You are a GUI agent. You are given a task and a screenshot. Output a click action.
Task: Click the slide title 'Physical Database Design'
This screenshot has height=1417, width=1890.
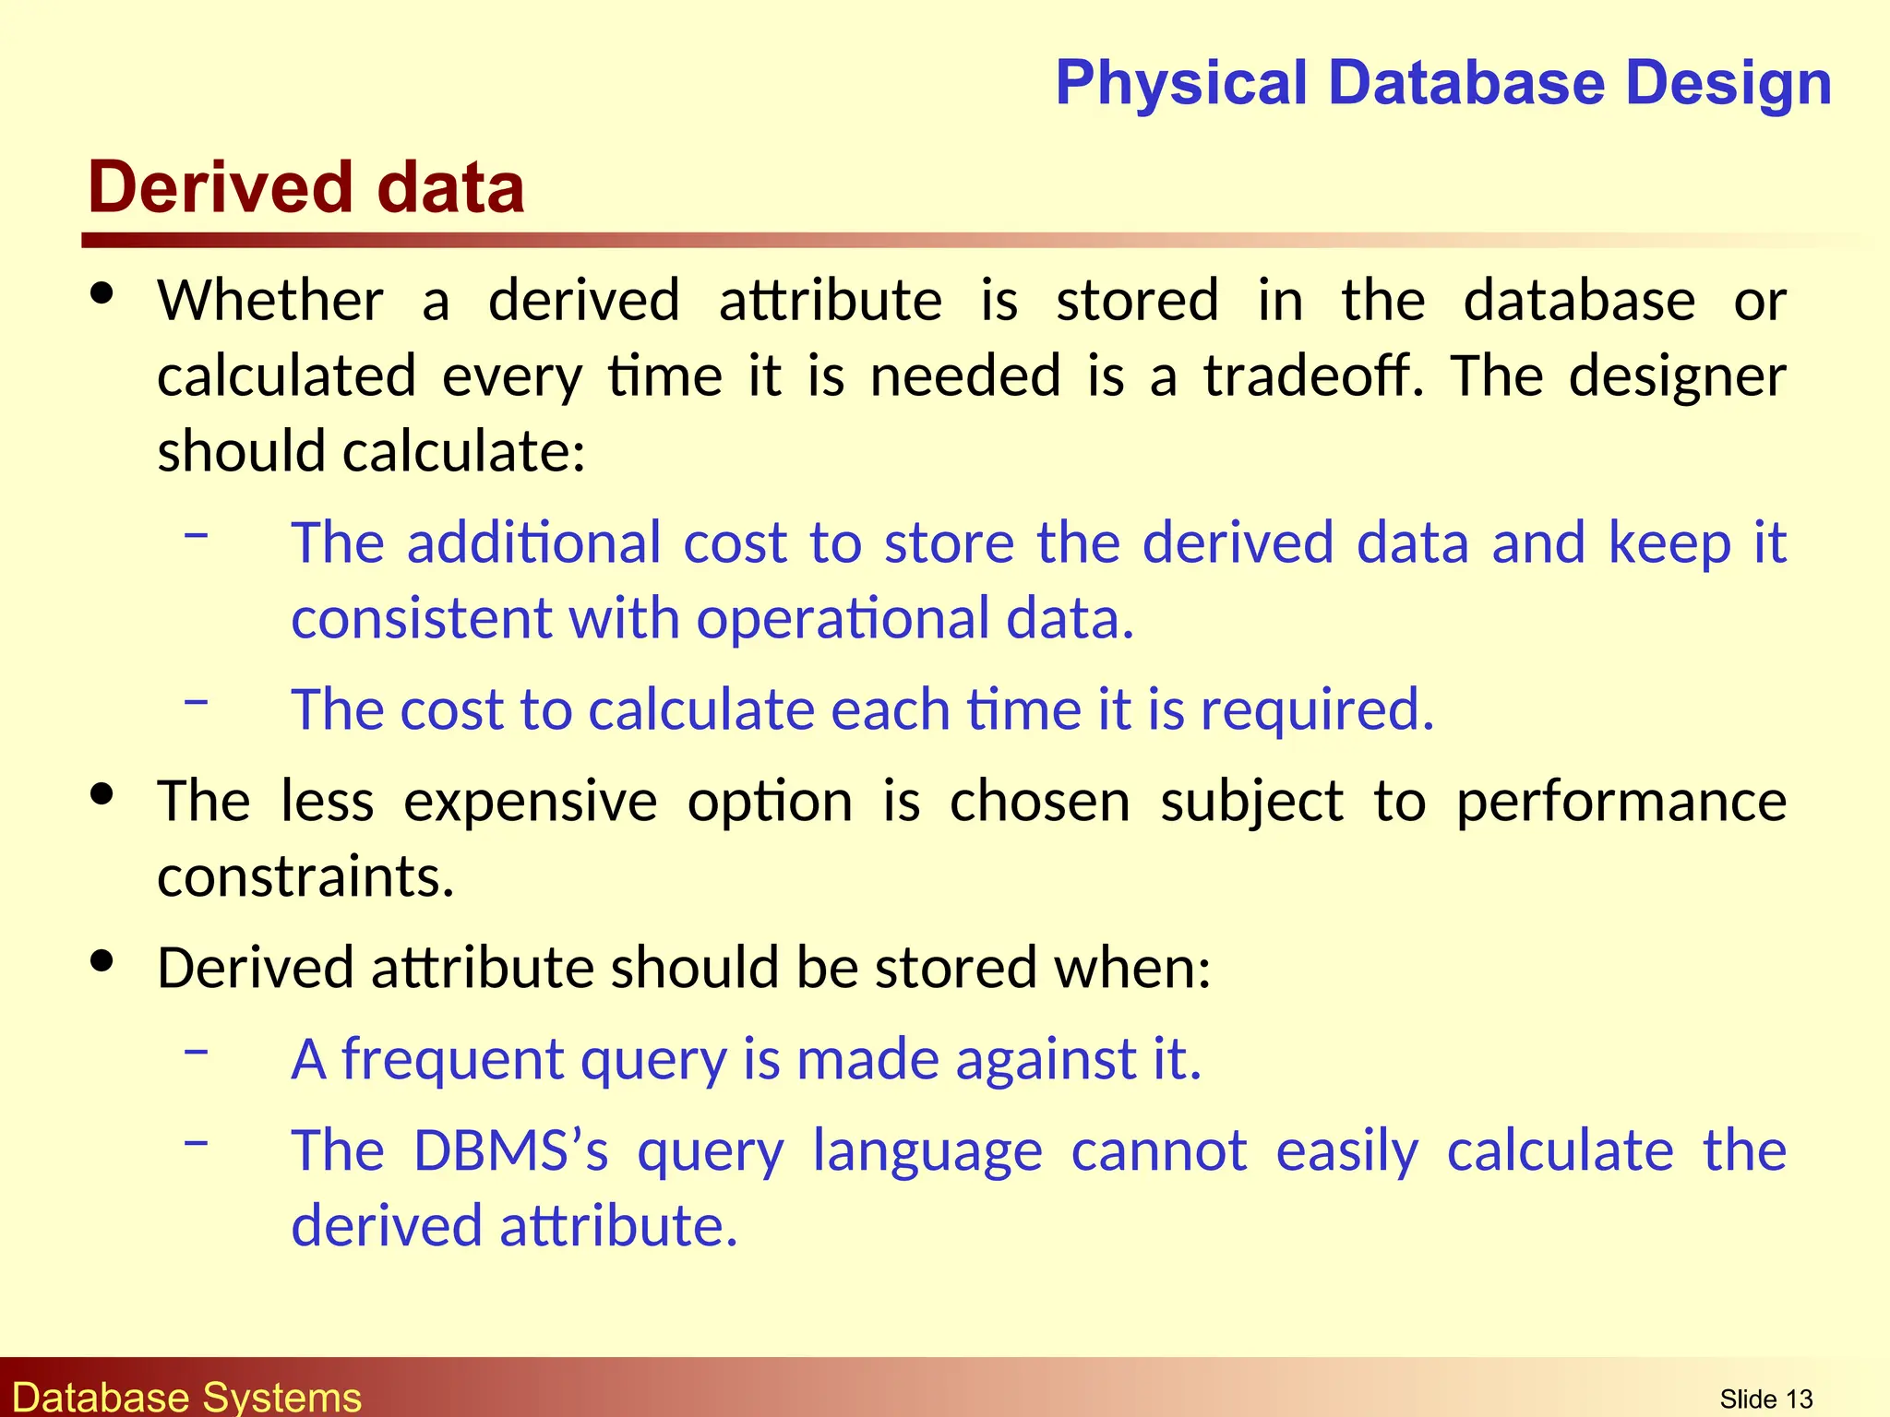pos(1443,83)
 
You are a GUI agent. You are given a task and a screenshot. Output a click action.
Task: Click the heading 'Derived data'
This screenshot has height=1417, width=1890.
pos(306,188)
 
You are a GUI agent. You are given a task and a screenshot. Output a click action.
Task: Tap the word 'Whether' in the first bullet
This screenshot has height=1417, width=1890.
pos(270,301)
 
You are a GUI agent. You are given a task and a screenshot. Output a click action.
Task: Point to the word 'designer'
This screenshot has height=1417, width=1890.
pos(1678,378)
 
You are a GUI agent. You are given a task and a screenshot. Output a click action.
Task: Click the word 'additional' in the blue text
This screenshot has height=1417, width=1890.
pos(533,542)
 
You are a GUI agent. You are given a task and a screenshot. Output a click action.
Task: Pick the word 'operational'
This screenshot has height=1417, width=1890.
pos(843,618)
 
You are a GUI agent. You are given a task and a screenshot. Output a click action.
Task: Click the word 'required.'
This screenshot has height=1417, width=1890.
pos(1317,710)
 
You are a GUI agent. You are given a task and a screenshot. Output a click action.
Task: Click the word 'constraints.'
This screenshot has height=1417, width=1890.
pos(305,876)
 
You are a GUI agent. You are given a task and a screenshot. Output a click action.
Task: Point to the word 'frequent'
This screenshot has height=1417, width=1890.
pos(452,1060)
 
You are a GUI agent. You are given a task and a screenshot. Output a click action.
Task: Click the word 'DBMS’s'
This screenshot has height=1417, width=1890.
pos(510,1151)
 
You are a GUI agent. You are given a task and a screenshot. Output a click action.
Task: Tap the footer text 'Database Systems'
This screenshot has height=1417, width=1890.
pos(187,1398)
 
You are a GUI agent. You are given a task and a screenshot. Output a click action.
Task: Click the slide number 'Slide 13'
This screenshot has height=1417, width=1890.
pos(1766,1399)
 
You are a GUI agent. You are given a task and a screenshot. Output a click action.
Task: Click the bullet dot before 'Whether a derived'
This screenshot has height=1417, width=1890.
pos(102,294)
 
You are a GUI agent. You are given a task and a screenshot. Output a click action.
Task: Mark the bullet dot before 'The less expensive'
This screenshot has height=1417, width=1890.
pos(102,794)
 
